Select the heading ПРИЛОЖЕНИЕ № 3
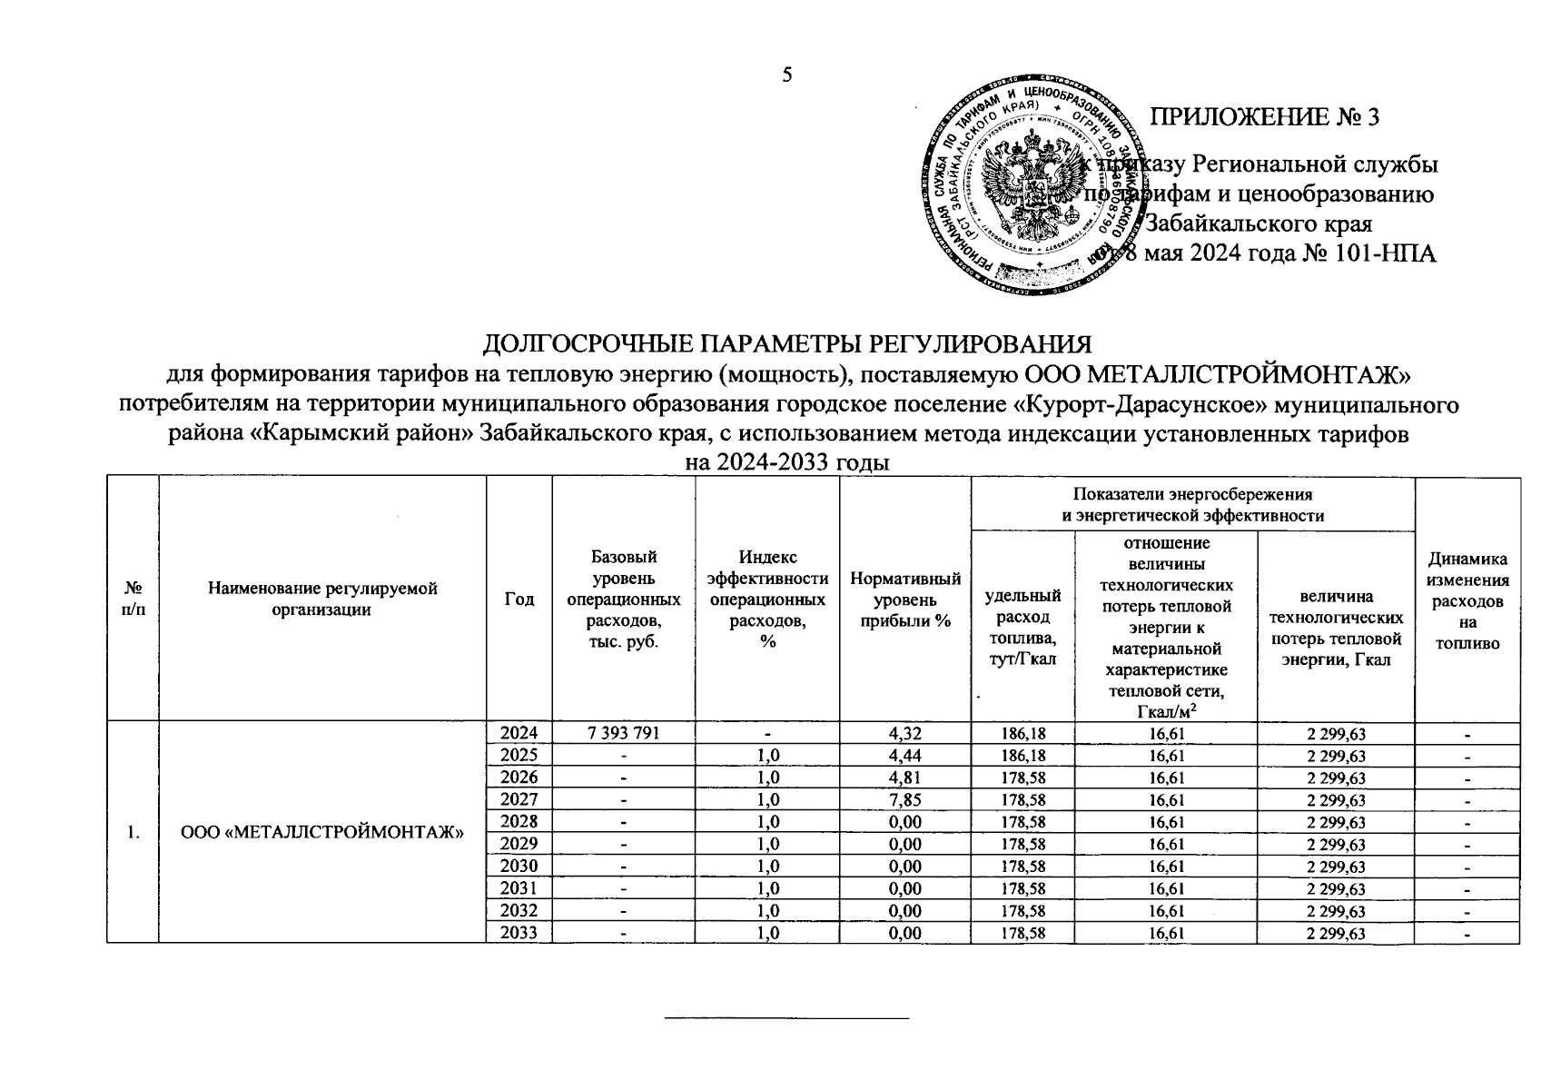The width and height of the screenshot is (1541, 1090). [x=1265, y=117]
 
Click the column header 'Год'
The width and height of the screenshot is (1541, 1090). [x=519, y=599]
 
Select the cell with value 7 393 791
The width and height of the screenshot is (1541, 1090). [x=623, y=734]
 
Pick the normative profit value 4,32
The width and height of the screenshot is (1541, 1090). [x=904, y=734]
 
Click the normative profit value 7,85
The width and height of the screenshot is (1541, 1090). [x=904, y=800]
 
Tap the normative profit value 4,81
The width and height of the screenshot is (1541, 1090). [x=904, y=778]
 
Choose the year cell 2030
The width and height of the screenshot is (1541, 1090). [x=519, y=867]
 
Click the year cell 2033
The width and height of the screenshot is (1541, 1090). [x=519, y=933]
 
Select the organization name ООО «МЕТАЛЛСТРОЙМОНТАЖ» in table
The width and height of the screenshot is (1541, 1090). [x=323, y=833]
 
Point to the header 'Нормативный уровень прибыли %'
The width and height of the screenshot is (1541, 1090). [x=904, y=599]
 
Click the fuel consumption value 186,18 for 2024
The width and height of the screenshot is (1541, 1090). [x=1022, y=734]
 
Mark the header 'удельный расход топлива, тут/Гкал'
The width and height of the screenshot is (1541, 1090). [x=1022, y=627]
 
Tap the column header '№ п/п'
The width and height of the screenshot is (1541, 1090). [x=133, y=599]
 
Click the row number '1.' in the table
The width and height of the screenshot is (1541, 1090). [x=133, y=833]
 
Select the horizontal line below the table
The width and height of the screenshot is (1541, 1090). [x=786, y=1019]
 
